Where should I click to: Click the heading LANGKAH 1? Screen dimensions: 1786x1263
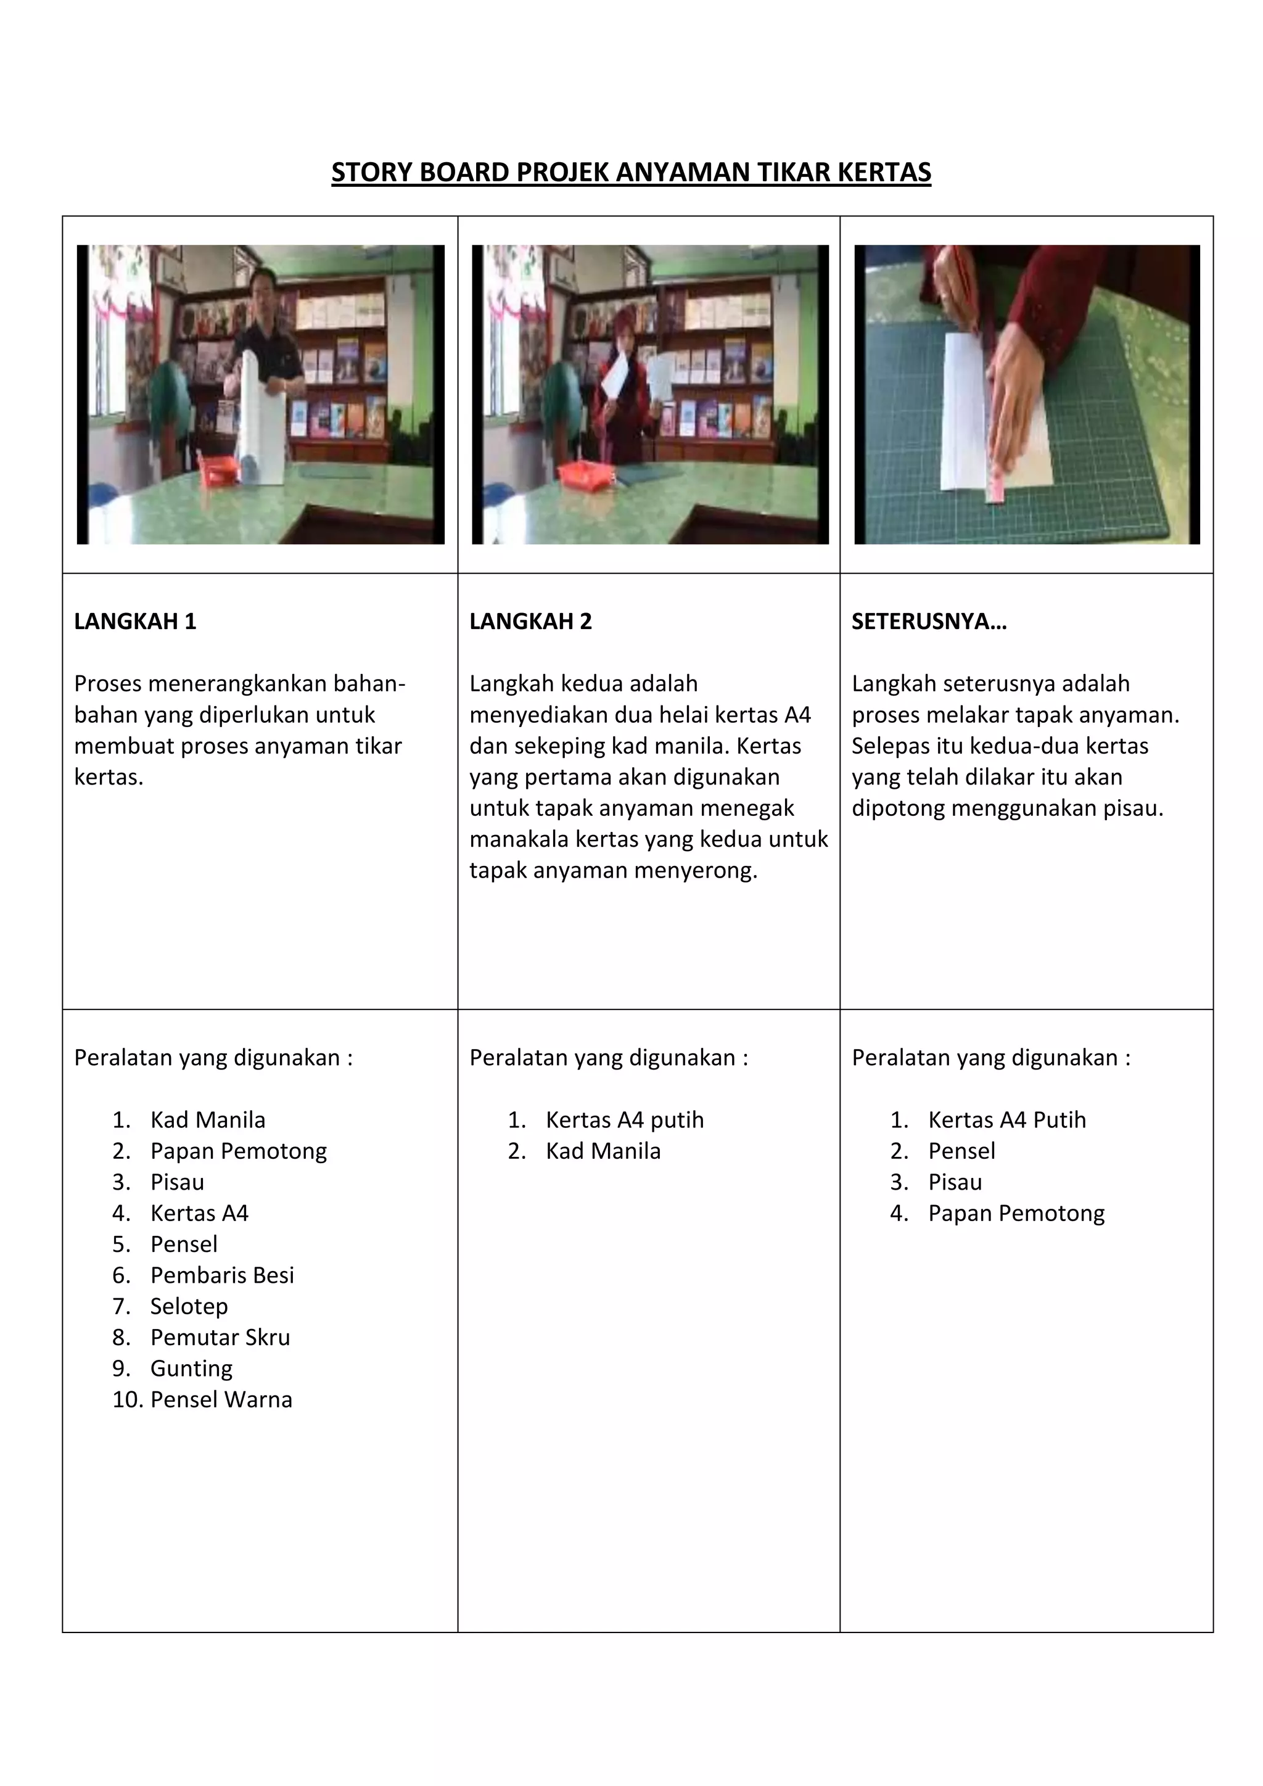click(x=135, y=622)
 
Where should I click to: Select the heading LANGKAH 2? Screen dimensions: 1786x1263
click(x=530, y=622)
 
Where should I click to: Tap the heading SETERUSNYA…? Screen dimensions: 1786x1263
click(x=929, y=622)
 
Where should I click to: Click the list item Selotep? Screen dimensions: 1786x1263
click(x=189, y=1306)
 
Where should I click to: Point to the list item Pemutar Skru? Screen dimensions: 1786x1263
click(x=220, y=1337)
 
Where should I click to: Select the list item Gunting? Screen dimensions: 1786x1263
click(x=191, y=1368)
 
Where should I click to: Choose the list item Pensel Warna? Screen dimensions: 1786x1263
click(x=221, y=1399)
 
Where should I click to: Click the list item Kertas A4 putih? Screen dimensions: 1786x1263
click(x=625, y=1119)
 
